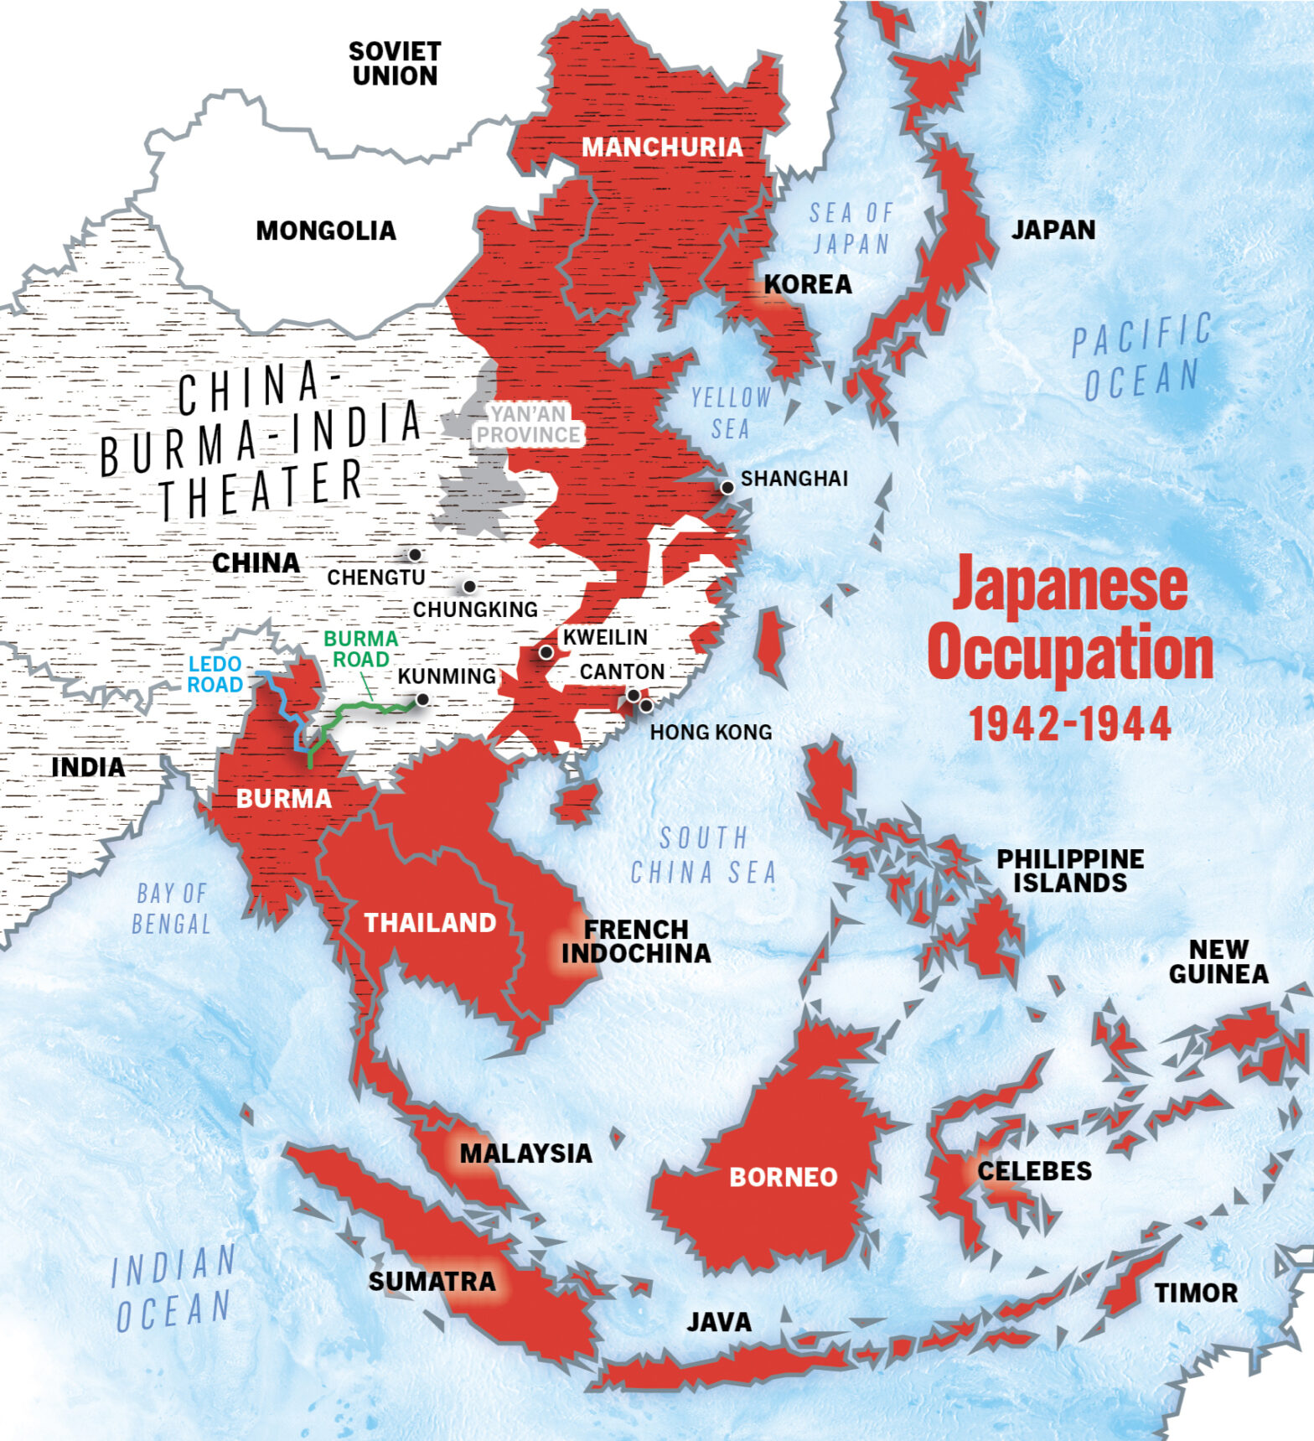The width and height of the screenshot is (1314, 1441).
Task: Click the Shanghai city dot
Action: click(x=727, y=487)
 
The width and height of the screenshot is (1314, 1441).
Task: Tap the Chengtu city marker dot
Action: click(x=414, y=555)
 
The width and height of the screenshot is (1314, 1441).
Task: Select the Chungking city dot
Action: click(x=469, y=587)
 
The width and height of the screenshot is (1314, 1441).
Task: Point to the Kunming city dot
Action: click(x=422, y=699)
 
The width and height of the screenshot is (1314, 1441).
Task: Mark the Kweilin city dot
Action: click(x=546, y=652)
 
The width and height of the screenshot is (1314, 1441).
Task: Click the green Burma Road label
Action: click(x=360, y=649)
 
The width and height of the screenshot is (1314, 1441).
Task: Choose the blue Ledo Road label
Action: click(x=215, y=675)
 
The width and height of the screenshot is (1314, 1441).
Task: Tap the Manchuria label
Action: click(x=662, y=148)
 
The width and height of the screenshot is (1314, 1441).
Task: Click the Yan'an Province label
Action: click(x=528, y=424)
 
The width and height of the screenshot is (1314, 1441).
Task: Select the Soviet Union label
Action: click(x=395, y=64)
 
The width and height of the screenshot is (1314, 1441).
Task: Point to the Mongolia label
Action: click(x=325, y=231)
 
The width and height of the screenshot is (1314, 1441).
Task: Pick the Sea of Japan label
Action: click(x=851, y=228)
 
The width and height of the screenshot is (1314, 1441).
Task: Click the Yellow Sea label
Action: click(x=731, y=412)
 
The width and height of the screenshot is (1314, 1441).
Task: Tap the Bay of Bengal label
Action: click(x=171, y=909)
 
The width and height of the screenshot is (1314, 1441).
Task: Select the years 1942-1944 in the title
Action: click(x=1070, y=723)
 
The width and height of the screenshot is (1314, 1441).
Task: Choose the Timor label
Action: click(x=1196, y=1293)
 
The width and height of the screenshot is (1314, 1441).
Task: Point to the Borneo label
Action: click(x=783, y=1177)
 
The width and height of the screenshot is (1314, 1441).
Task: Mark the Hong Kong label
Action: click(x=711, y=733)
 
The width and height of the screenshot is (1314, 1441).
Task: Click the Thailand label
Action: click(x=430, y=923)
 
